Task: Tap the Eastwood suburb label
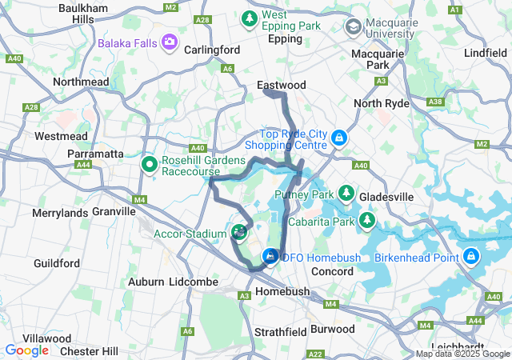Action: coord(282,85)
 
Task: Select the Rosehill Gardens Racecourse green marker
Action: coord(149,165)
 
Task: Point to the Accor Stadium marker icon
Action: coord(238,233)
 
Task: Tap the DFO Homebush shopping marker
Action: coord(271,257)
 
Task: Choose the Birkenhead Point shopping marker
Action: coord(471,257)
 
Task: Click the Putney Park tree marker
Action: coord(346,193)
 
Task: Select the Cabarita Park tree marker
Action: coord(367,218)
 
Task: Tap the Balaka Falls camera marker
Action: coord(169,42)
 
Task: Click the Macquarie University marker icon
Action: coord(353,27)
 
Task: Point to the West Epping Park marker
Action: coord(250,18)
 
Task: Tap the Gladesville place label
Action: coord(386,197)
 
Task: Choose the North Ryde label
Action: coord(382,104)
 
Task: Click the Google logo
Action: coord(26,350)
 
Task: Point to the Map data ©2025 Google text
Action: coord(462,354)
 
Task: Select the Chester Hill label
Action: coord(89,351)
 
